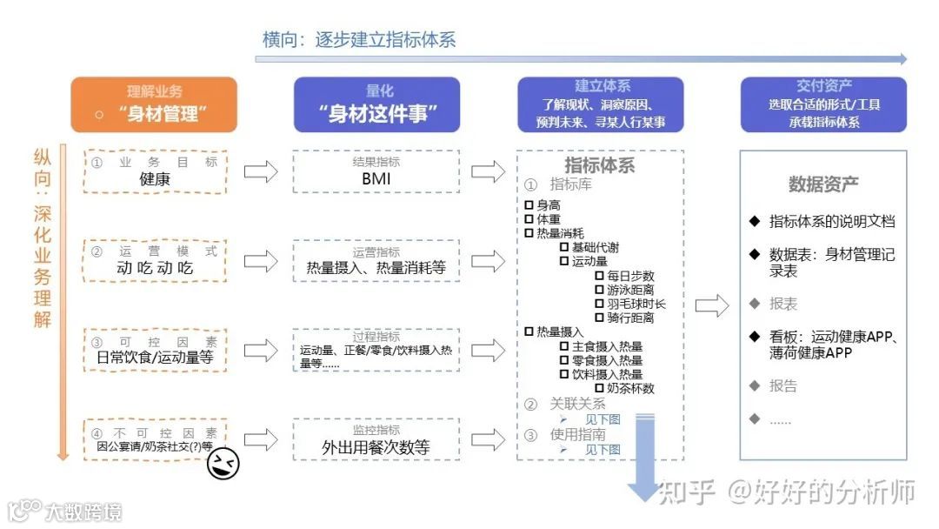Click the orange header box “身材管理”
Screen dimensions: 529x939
[153, 104]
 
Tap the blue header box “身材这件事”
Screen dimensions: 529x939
[376, 104]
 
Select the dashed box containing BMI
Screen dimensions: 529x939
[376, 171]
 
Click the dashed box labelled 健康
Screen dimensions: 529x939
[156, 171]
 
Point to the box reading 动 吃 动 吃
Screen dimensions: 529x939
[156, 260]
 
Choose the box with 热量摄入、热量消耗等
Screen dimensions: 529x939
[376, 260]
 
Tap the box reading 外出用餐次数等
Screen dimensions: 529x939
[376, 439]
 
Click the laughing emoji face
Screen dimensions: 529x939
[223, 465]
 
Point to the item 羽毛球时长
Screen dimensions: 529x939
[636, 304]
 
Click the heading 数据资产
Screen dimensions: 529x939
[822, 184]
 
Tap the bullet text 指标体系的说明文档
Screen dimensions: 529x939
[830, 221]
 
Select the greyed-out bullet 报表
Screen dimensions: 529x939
[782, 304]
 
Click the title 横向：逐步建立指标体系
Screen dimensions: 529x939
[359, 39]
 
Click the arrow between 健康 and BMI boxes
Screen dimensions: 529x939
[260, 171]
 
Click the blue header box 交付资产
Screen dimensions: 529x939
[822, 104]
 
